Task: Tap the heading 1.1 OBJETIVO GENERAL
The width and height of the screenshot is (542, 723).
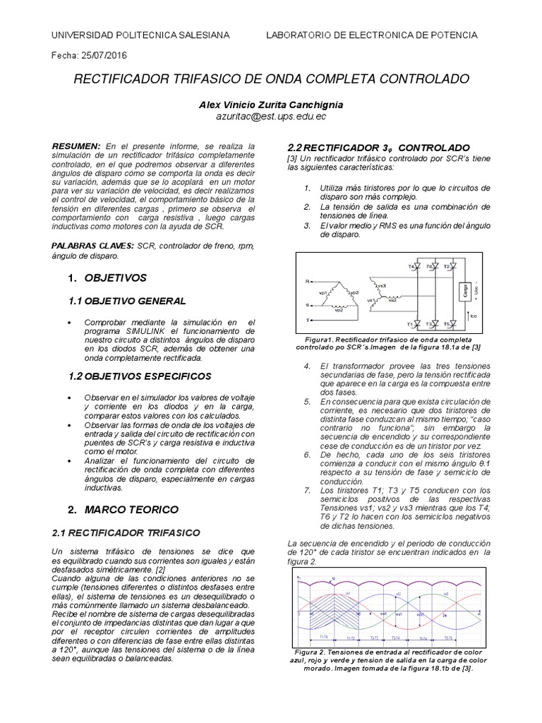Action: point(128,301)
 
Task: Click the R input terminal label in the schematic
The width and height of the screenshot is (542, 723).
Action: point(307,280)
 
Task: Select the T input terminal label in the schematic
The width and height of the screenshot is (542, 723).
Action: point(307,320)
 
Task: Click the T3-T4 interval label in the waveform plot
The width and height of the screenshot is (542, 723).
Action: point(400,636)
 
